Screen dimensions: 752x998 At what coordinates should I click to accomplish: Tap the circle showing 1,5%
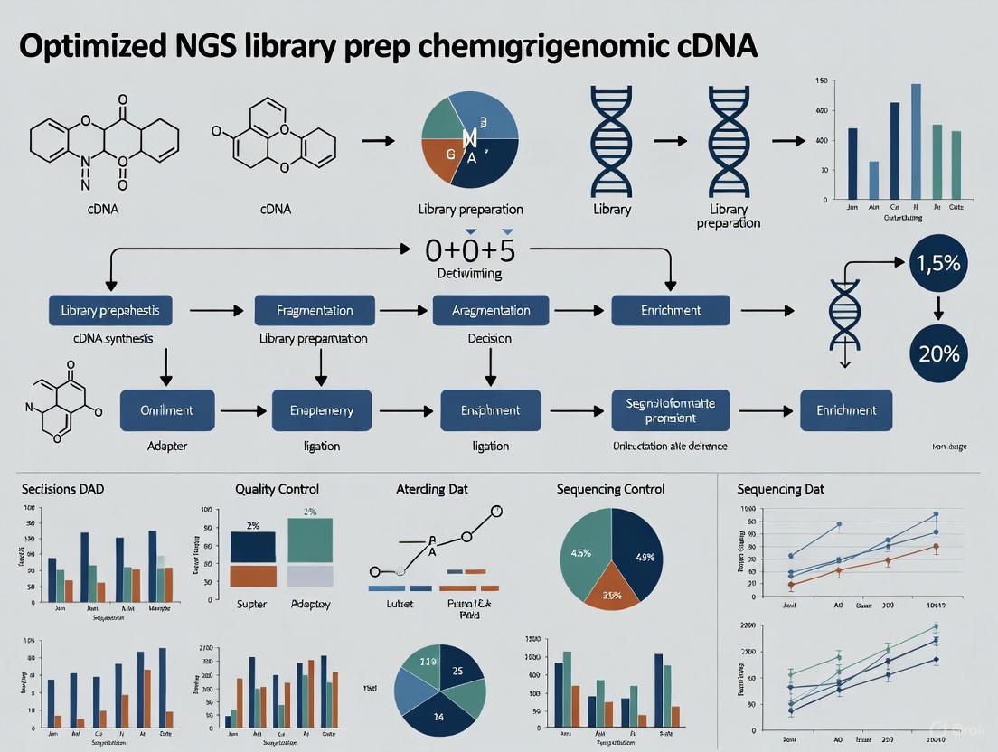[938, 263]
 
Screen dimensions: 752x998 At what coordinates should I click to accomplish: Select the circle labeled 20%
[938, 353]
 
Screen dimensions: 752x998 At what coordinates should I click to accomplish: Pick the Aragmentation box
[490, 310]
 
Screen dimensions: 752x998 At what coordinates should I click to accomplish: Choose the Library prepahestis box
[110, 310]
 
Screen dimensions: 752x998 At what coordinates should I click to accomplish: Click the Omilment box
[167, 410]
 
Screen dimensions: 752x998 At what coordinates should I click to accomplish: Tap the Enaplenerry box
[321, 410]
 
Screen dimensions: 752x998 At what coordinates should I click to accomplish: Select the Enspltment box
[490, 410]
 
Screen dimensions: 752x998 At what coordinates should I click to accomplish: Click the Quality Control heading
[277, 489]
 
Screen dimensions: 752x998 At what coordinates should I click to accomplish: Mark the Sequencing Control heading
[611, 489]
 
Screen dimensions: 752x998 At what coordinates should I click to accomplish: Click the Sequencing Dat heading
[781, 489]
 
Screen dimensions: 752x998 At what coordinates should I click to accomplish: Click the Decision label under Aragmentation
[489, 339]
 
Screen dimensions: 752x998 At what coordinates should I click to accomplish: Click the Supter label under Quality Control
[251, 603]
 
